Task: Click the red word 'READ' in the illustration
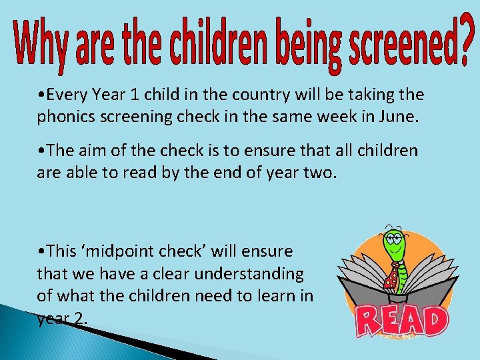click(400, 321)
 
